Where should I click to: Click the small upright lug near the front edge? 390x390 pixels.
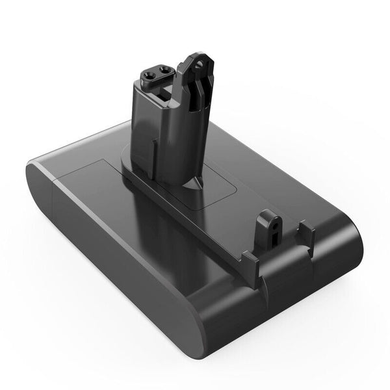(266, 227)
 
